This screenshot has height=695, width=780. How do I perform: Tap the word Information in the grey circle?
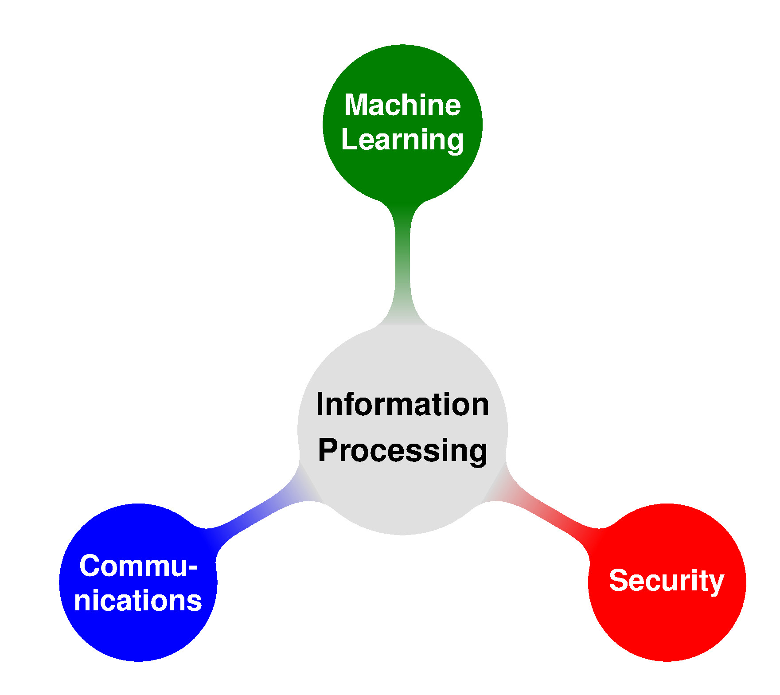click(402, 404)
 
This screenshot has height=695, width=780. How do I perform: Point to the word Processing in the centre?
click(402, 451)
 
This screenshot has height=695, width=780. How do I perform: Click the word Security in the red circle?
click(667, 581)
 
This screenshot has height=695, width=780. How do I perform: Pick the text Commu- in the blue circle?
click(138, 566)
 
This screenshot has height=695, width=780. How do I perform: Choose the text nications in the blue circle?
click(138, 601)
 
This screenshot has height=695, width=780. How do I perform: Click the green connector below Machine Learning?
click(402, 264)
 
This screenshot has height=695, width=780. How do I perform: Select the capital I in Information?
click(320, 404)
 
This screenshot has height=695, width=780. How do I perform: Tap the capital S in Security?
click(619, 580)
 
